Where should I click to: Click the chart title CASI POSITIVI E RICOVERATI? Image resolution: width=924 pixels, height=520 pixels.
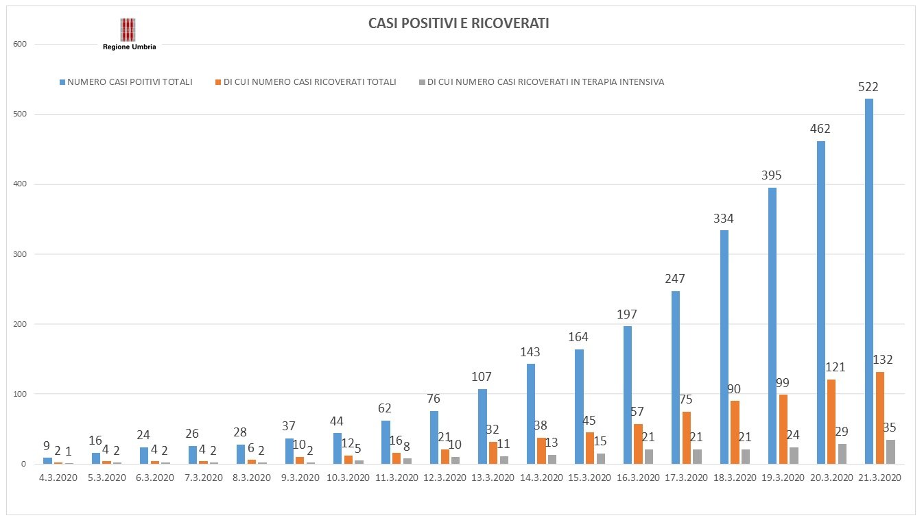pyautogui.click(x=459, y=24)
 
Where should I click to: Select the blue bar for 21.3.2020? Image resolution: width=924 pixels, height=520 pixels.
pyautogui.click(x=869, y=281)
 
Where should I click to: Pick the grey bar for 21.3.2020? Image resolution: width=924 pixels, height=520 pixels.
pyautogui.click(x=890, y=451)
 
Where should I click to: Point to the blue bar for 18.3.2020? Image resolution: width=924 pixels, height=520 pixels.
pyautogui.click(x=724, y=347)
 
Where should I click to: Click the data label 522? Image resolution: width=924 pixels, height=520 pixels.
pyautogui.click(x=868, y=87)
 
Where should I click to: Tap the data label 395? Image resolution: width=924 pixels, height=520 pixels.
pyautogui.click(x=772, y=175)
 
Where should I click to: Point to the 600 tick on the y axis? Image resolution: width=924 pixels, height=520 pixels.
pyautogui.click(x=20, y=45)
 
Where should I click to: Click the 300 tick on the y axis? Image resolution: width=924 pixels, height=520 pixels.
pyautogui.click(x=20, y=254)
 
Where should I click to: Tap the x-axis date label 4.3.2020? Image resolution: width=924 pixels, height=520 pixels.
pyautogui.click(x=58, y=477)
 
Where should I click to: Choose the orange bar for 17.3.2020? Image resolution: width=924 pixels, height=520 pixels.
pyautogui.click(x=687, y=437)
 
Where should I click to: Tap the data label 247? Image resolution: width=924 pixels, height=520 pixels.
pyautogui.click(x=675, y=279)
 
